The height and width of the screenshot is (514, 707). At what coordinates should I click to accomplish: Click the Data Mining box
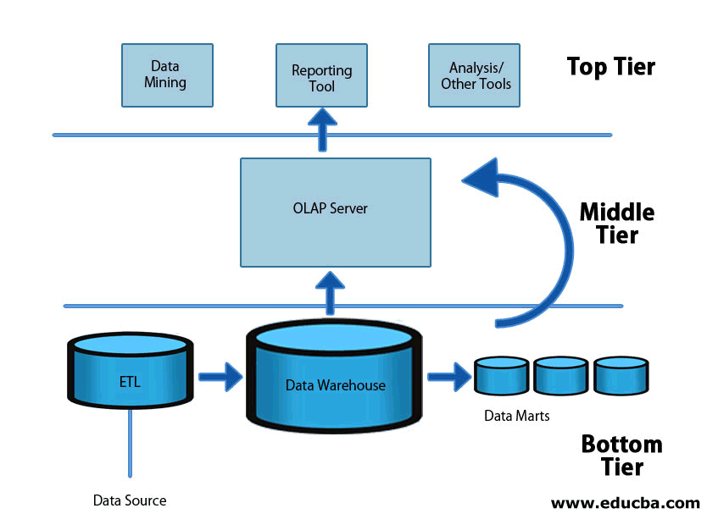167,75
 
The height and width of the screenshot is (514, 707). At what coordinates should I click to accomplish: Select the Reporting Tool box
321,75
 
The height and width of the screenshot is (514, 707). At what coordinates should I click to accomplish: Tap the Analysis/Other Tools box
476,75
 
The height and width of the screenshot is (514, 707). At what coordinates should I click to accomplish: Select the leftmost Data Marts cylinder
500,376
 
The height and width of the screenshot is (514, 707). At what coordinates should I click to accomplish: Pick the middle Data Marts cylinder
560,376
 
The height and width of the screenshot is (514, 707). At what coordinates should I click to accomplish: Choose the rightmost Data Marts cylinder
621,376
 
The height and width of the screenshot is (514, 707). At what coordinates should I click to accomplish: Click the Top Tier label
610,66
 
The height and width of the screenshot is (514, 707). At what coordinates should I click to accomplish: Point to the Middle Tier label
616,222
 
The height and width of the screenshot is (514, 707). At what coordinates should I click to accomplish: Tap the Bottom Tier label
621,455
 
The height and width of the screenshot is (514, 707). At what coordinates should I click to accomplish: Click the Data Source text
130,500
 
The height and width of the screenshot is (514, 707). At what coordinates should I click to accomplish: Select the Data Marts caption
516,416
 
